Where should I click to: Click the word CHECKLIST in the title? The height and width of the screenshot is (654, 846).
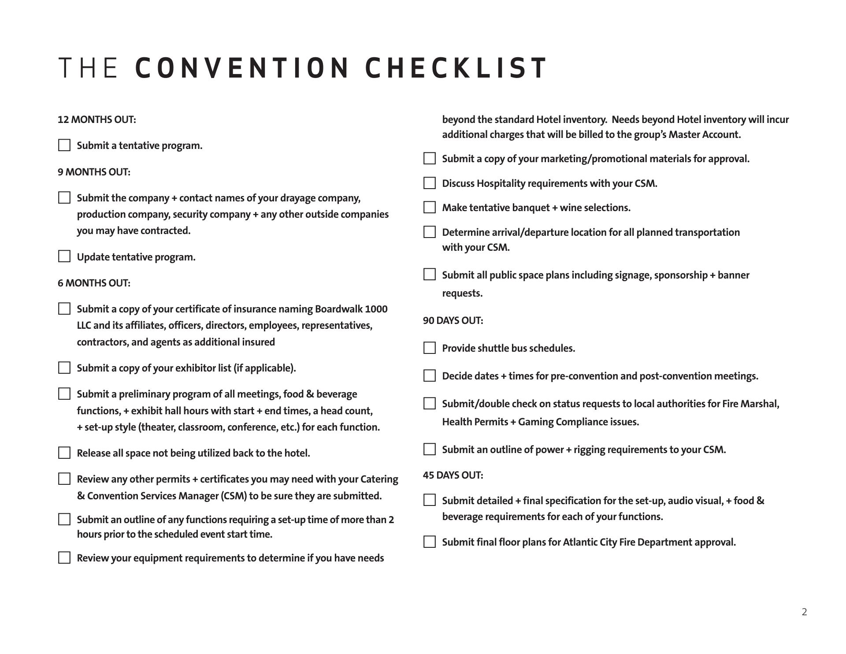click(456, 68)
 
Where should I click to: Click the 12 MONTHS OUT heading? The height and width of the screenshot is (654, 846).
click(96, 120)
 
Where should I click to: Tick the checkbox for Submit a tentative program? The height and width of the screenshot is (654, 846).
click(64, 145)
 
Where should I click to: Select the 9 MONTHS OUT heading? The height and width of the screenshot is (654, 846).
click(94, 172)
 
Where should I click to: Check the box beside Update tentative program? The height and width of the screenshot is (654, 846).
click(64, 256)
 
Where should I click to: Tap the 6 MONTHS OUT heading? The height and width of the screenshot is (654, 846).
click(94, 283)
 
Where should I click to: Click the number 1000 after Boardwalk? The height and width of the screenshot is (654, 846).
click(376, 309)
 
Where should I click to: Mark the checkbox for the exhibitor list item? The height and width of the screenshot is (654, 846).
click(64, 368)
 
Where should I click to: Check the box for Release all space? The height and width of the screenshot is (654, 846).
click(64, 453)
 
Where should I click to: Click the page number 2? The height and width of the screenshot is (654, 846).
click(804, 612)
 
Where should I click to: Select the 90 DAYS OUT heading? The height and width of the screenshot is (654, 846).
click(453, 321)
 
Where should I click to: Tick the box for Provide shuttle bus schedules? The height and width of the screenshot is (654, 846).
click(430, 348)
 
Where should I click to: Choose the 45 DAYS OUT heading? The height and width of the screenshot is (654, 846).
click(453, 475)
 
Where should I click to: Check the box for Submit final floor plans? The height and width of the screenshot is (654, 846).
click(430, 542)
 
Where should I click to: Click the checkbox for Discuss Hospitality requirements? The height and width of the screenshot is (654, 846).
click(430, 183)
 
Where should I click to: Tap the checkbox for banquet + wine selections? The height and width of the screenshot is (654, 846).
click(430, 208)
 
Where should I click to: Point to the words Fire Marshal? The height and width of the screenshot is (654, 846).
click(750, 404)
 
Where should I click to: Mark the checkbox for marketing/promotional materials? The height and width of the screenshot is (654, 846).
click(430, 159)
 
